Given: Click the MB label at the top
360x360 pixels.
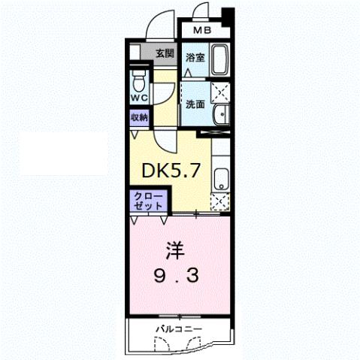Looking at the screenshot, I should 202,31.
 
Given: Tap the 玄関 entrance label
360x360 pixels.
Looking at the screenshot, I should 165,53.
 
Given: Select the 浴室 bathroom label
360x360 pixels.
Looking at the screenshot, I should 195,57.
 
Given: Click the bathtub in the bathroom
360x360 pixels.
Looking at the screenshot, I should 219,59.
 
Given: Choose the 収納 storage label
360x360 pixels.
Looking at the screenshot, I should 139,116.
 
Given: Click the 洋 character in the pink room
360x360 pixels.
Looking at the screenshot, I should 172,247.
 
